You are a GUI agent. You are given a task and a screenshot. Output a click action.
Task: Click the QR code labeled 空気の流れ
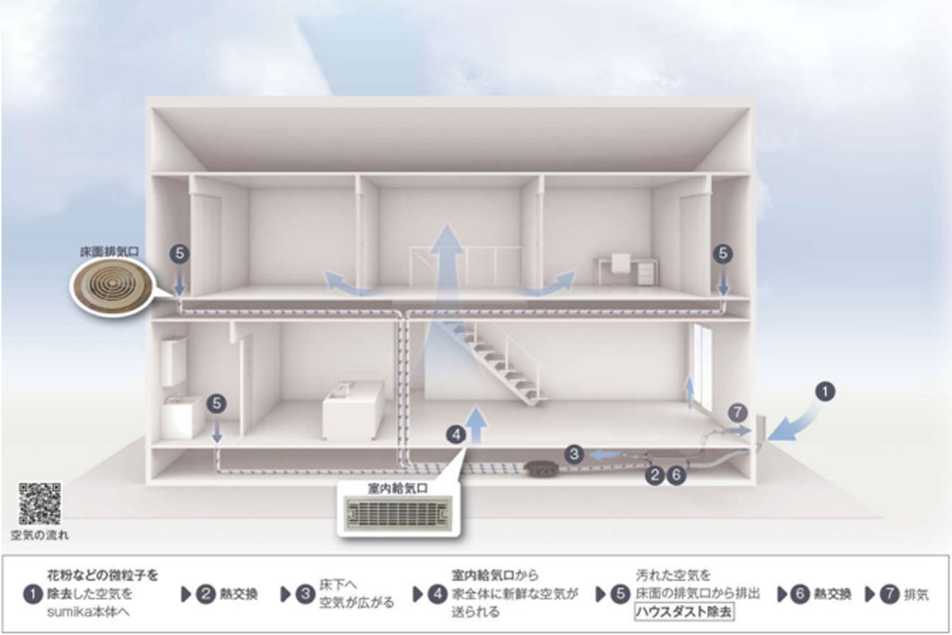(x=40, y=503)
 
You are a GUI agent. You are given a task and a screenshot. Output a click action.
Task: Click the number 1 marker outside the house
(x=826, y=391)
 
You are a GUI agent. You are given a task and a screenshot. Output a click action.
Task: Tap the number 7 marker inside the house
(x=738, y=412)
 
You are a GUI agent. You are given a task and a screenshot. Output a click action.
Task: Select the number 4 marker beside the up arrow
(x=455, y=434)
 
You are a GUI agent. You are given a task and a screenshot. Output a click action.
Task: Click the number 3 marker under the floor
(x=575, y=454)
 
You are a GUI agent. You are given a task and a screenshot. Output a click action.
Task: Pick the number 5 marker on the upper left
(x=180, y=253)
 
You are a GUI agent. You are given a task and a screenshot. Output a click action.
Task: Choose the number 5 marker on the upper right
(x=723, y=253)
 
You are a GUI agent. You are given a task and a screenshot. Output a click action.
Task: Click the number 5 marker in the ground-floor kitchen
(x=217, y=403)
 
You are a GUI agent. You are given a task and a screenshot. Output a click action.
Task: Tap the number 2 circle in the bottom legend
(x=206, y=594)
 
